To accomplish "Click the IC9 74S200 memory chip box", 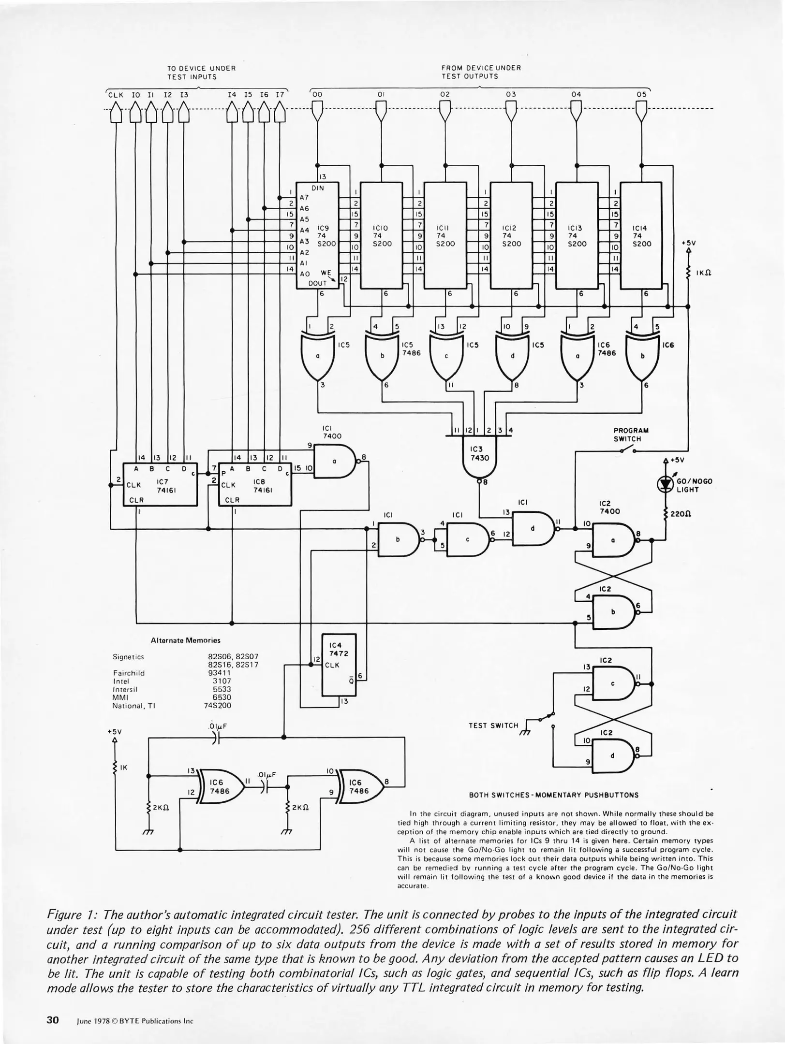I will click(317, 236).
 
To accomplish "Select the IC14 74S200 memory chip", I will click(641, 236).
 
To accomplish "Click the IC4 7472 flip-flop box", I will click(339, 665).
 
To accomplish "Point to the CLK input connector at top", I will click(116, 113).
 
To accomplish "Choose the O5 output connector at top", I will click(641, 112).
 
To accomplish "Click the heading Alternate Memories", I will click(185, 640).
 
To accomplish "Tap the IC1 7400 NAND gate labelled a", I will click(334, 462).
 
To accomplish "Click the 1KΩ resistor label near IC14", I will click(702, 273).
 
